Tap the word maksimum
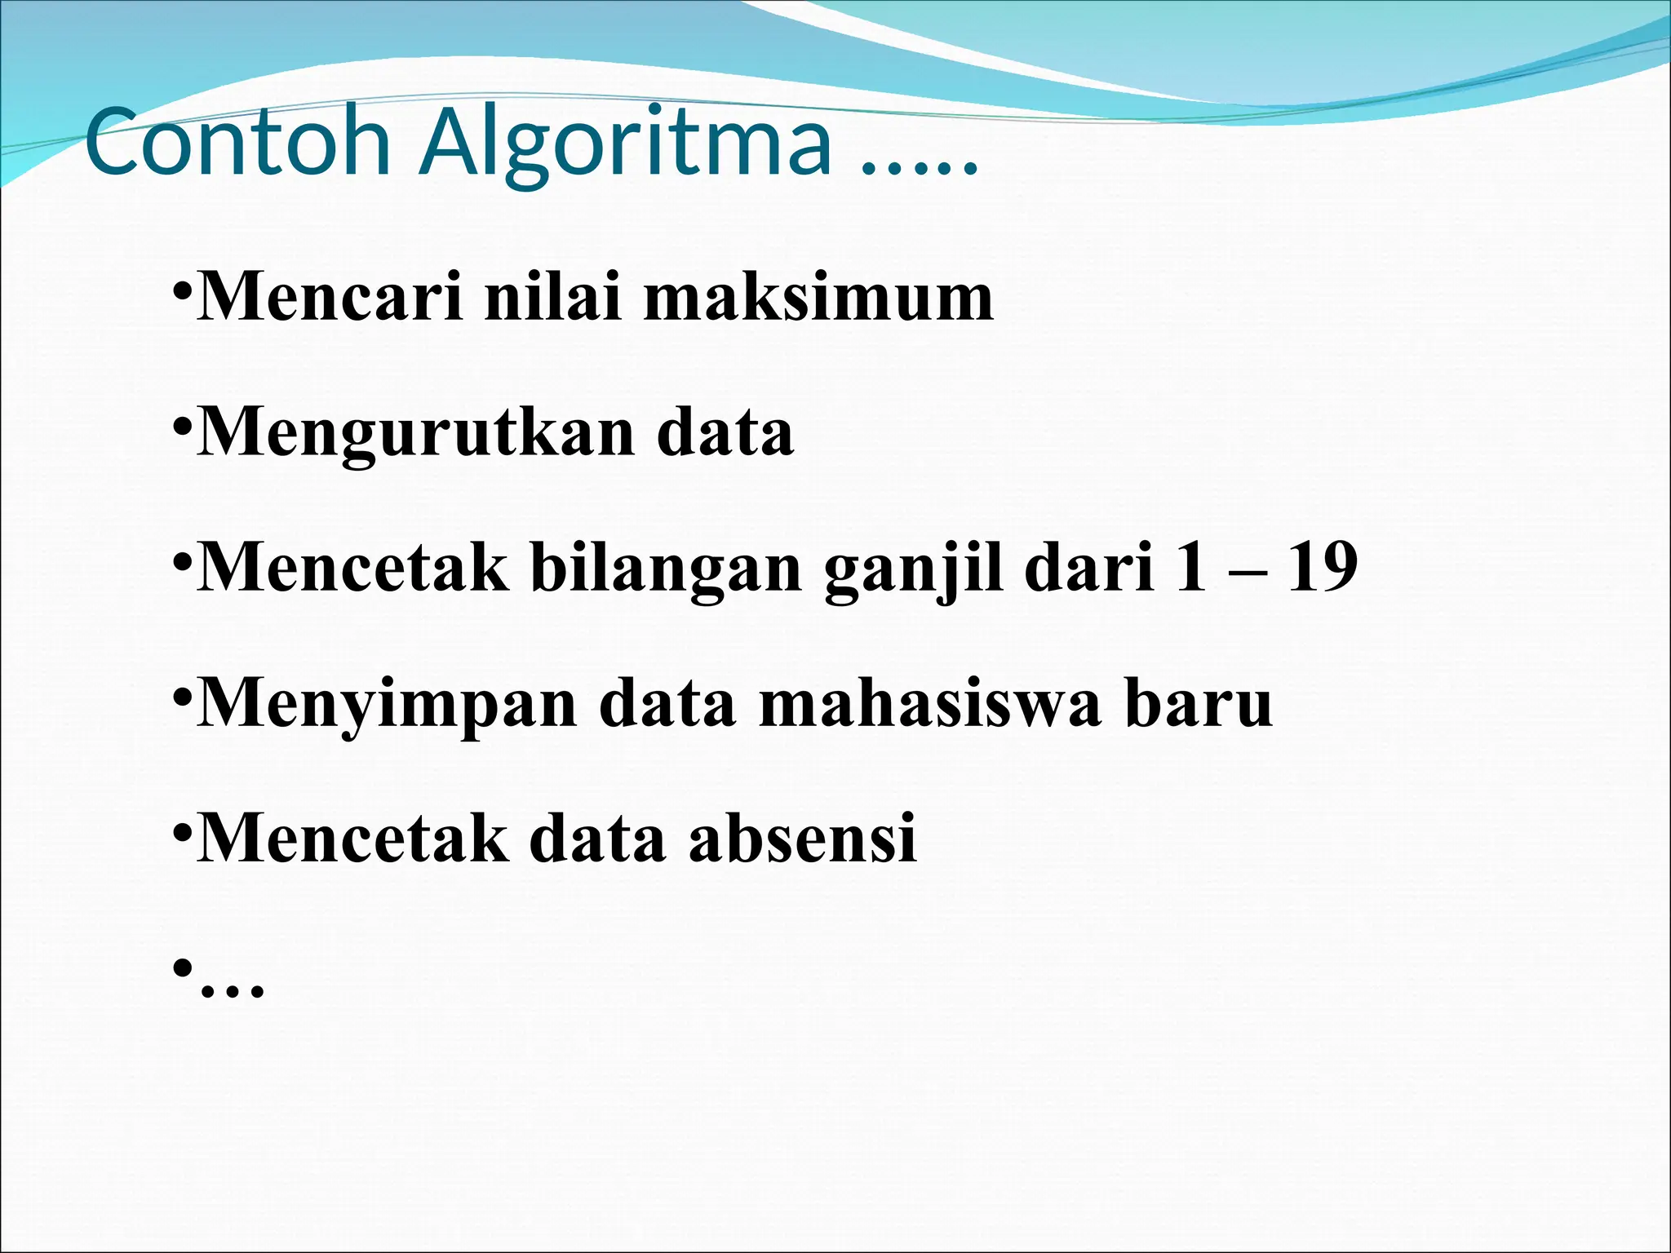click(818, 297)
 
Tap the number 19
click(1321, 568)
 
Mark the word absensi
click(803, 838)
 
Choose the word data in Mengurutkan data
click(725, 432)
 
